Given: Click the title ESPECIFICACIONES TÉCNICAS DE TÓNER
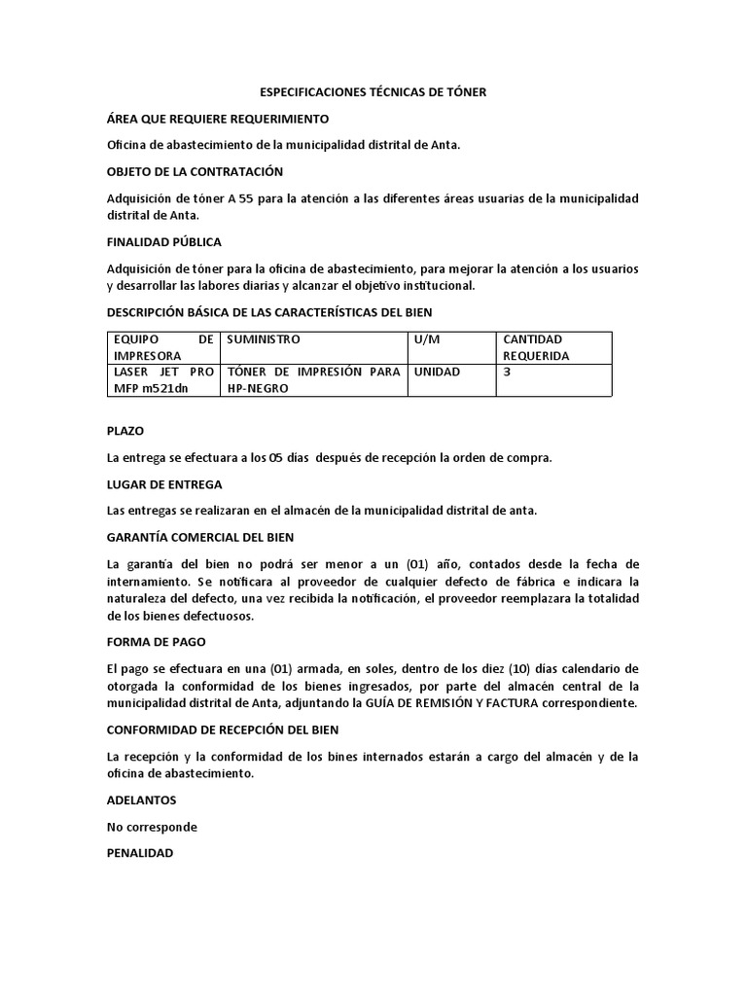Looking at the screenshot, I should [373, 91].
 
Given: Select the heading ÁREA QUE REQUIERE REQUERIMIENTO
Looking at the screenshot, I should [218, 119].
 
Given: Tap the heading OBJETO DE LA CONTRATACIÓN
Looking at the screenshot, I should [195, 171].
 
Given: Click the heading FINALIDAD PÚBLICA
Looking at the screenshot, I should [164, 241].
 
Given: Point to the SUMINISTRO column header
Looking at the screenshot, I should [264, 339].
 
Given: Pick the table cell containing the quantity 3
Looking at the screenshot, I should [508, 372].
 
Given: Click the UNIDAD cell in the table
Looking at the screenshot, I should [438, 372].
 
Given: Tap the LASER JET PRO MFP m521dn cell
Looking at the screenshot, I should [162, 380].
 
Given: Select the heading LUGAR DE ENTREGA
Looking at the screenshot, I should [164, 483].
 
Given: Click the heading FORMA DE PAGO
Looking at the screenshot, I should [156, 642].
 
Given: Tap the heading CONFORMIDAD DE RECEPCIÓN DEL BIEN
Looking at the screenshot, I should [222, 729].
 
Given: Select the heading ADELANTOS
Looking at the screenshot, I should [141, 800].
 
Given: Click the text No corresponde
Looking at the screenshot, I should [152, 827].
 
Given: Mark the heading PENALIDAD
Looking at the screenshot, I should [140, 853].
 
